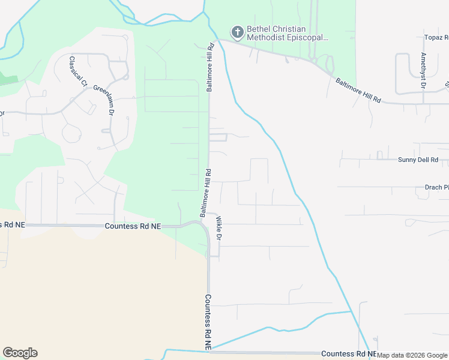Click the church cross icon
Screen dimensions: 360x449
point(237,32)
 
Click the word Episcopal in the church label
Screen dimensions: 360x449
point(310,38)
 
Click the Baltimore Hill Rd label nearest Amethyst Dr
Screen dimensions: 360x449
point(358,89)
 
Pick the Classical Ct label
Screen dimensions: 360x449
point(76,70)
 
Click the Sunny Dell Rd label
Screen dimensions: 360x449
point(418,160)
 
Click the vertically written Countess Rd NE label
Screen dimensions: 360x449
point(208,322)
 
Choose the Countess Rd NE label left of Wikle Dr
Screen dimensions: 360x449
point(133,226)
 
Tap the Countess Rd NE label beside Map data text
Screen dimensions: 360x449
point(348,355)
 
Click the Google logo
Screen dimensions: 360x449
point(20,353)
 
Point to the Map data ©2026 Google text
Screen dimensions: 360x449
point(412,355)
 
